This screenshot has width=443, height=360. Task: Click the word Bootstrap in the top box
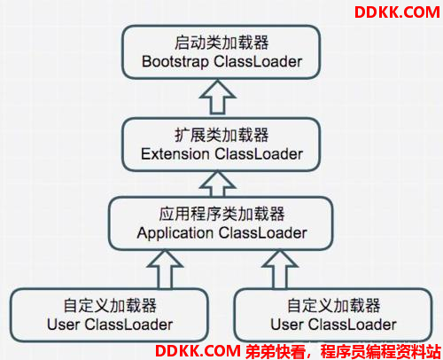(x=175, y=62)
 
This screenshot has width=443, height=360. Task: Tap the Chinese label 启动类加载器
(x=221, y=43)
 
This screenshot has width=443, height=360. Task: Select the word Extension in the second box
(x=175, y=154)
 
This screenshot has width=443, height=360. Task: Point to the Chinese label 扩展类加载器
(x=221, y=135)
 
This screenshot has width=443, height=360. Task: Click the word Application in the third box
(x=175, y=233)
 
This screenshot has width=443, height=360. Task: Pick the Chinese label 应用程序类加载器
(x=221, y=214)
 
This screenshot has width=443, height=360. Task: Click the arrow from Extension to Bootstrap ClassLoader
(x=218, y=98)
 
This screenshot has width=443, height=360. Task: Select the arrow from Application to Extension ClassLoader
(x=218, y=184)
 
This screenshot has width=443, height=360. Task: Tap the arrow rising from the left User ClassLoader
(x=165, y=270)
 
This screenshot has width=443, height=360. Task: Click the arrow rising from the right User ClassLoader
(x=279, y=270)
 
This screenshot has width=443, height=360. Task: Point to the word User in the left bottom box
(x=63, y=325)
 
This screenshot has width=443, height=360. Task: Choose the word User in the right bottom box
(x=287, y=325)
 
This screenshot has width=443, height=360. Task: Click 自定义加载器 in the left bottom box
(x=110, y=305)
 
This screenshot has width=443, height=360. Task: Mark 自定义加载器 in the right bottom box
(x=334, y=305)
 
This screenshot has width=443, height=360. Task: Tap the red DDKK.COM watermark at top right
(x=397, y=12)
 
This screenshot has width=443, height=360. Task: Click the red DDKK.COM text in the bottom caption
(x=198, y=351)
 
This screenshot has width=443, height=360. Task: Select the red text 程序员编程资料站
(x=381, y=351)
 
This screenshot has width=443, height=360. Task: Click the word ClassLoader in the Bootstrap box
(x=258, y=62)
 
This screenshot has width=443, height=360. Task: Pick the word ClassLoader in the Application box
(x=263, y=233)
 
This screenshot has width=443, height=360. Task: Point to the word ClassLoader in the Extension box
(x=259, y=154)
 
